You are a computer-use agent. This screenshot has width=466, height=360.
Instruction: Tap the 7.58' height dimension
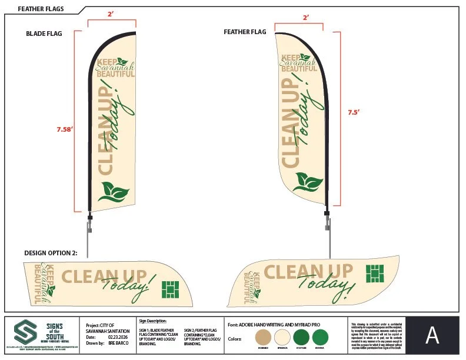pyautogui.click(x=65, y=129)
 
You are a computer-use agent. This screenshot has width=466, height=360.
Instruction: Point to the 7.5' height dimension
pyautogui.click(x=352, y=112)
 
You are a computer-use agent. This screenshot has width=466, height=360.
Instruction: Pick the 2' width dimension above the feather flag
pyautogui.click(x=305, y=18)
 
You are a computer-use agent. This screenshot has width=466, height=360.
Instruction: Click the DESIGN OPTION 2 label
pyautogui.click(x=51, y=252)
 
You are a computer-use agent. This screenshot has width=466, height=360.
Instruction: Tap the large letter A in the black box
pyautogui.click(x=432, y=335)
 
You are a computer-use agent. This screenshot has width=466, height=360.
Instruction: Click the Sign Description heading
pyautogui.click(x=153, y=321)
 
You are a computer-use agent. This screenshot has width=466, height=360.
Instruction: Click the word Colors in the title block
pyautogui.click(x=235, y=339)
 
